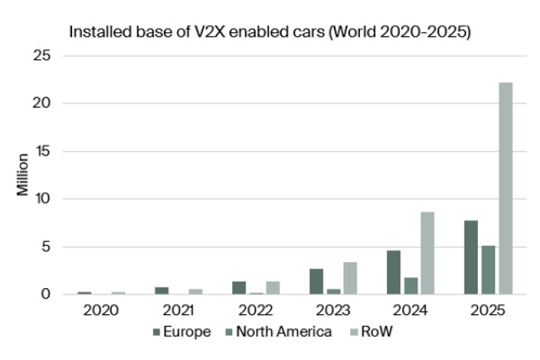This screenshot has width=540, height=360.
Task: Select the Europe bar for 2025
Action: [471, 258]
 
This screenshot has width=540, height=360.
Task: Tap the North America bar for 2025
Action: [488, 270]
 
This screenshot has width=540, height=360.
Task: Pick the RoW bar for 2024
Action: [428, 253]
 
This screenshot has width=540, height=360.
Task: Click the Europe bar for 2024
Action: [393, 272]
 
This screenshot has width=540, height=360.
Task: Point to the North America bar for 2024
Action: [411, 286]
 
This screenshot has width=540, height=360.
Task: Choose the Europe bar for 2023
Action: [316, 282]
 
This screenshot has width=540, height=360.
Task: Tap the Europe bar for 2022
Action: [239, 288]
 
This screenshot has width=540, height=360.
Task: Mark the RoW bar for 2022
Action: [272, 288]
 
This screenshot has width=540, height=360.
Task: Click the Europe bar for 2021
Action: [162, 291]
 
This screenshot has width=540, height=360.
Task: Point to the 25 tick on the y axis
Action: [42, 56]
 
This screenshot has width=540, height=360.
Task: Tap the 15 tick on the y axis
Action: [42, 151]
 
